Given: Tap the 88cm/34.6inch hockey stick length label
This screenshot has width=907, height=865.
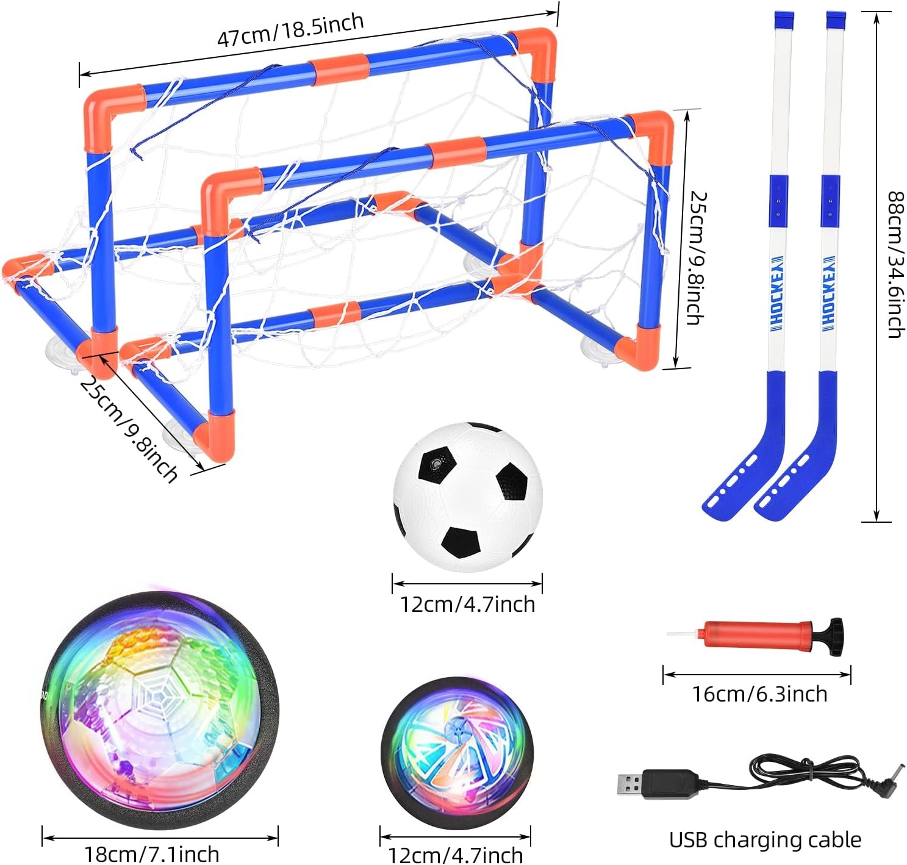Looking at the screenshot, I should point(895,264).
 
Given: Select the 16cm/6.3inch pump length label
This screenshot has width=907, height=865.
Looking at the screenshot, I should point(759,694).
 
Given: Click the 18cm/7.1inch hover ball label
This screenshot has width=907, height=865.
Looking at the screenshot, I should point(151,853).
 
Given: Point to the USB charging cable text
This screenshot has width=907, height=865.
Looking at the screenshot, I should point(765,840).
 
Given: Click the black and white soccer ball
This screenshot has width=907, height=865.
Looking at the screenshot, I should point(468,497).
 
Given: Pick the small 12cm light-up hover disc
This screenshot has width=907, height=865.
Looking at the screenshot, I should point(456,752).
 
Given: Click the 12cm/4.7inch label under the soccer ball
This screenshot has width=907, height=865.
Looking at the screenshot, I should point(467,605).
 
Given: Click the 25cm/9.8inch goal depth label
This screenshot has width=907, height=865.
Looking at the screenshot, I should point(129,430).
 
